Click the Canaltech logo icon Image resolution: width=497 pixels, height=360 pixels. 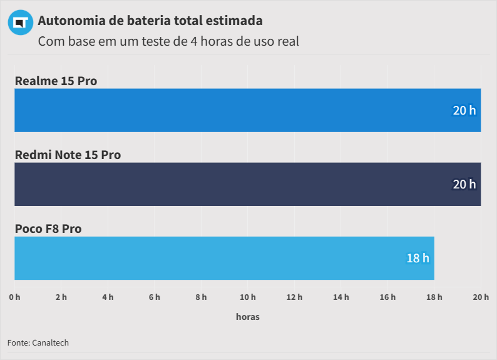20,23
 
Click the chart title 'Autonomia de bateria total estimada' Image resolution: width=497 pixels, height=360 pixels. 150,21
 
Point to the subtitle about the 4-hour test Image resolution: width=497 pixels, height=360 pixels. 168,42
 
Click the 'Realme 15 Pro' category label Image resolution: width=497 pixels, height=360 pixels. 56,81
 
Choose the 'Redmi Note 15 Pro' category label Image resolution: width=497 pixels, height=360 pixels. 68,155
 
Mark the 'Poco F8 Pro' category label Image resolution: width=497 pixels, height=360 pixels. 48,229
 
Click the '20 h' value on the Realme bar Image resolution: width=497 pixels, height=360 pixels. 464,110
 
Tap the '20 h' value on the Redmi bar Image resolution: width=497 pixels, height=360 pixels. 464,184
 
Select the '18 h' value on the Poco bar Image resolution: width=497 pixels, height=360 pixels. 418,258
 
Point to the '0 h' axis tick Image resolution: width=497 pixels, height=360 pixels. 14,297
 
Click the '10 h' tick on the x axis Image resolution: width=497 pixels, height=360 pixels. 248,297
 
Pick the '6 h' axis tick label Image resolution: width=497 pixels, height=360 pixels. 155,297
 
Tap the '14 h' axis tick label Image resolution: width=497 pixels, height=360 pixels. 341,297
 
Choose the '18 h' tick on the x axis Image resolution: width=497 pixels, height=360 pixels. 434,297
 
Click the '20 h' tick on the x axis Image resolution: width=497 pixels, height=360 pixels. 481,297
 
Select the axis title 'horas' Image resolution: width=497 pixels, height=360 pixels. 248,317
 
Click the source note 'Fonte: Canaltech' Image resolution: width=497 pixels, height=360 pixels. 38,342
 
